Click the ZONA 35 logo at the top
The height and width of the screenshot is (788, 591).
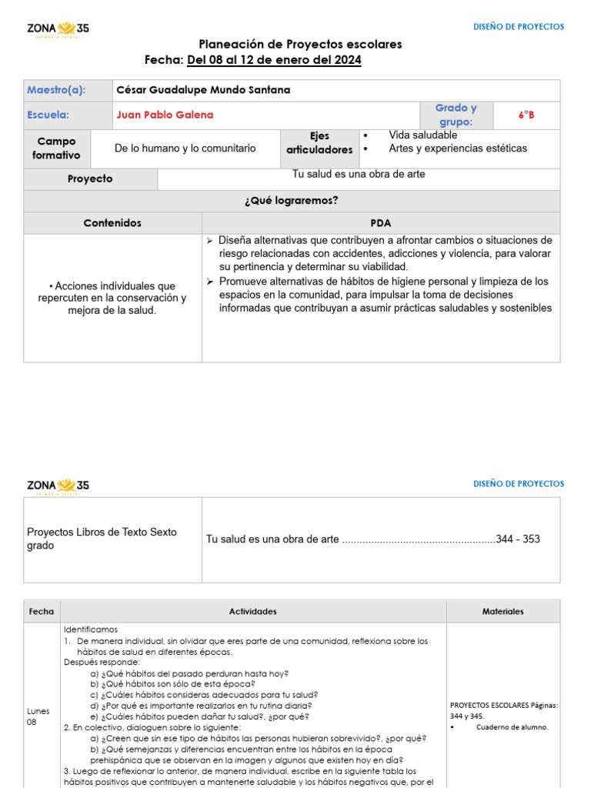[x=58, y=29]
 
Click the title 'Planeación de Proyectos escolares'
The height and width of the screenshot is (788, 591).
[x=300, y=45]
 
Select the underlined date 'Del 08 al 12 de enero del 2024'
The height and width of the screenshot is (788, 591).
[x=274, y=60]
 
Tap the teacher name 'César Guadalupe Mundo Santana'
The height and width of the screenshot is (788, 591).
[x=203, y=90]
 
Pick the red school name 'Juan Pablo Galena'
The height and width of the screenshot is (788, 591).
[x=165, y=115]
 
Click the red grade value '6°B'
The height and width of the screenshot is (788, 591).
[x=526, y=115]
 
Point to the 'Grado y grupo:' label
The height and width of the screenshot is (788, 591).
[x=456, y=115]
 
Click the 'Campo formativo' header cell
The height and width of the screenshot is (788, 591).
[x=56, y=149]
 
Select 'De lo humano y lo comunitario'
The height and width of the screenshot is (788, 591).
[x=185, y=149]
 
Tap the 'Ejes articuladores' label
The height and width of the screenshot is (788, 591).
[x=319, y=143]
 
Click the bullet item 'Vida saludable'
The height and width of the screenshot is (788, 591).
[x=422, y=135]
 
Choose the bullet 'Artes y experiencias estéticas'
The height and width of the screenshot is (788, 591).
[x=458, y=149]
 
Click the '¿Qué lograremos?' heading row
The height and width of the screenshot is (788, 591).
[x=292, y=201]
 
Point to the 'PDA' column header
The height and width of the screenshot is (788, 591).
[x=381, y=223]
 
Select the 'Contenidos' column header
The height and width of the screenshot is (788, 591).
[x=112, y=223]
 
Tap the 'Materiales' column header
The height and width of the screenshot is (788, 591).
[x=503, y=612]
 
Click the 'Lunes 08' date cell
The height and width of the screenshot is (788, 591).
[x=36, y=716]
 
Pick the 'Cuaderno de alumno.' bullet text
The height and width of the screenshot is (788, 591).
[x=512, y=726]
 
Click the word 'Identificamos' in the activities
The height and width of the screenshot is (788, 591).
[x=91, y=629]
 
